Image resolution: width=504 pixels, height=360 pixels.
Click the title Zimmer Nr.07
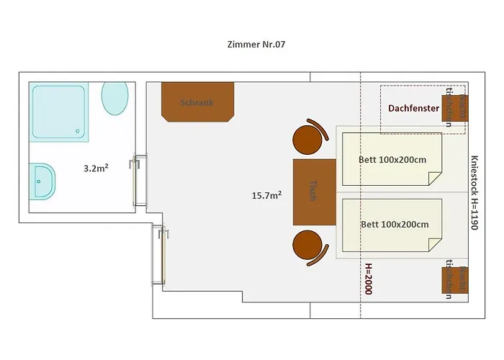257,44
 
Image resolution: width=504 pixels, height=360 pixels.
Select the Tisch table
314,192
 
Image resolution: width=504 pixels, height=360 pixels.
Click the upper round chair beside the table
307,138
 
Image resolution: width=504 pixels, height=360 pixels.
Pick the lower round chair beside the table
307,246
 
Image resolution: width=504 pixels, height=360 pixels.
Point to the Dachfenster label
413,109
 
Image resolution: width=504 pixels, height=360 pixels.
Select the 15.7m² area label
266,194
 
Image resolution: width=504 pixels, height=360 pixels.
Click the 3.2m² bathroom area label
96,168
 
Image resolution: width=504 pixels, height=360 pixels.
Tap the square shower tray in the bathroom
60,112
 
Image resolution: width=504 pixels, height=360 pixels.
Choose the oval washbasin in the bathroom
115,98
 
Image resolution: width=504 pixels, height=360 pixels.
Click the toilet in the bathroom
42,181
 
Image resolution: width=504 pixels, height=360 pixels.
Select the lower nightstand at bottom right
454,280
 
